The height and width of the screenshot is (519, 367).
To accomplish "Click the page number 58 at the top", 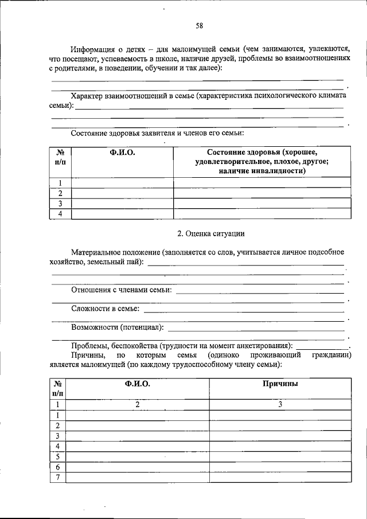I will click(x=198, y=25).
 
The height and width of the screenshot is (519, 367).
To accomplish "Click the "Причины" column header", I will click(x=279, y=384).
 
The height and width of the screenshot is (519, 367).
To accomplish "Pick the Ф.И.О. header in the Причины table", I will click(x=137, y=384).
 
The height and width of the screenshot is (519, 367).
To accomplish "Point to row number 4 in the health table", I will click(x=60, y=214).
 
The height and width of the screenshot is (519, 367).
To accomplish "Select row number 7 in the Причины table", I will click(x=58, y=478).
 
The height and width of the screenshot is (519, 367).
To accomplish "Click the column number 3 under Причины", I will click(x=280, y=405).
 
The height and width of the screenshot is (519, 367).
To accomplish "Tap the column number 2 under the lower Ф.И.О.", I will click(x=138, y=405).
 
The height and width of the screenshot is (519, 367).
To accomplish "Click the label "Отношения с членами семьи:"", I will click(x=122, y=291).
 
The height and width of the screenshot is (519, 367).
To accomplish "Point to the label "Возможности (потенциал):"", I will click(x=118, y=327).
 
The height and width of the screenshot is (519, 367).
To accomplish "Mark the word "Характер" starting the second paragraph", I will click(x=88, y=96).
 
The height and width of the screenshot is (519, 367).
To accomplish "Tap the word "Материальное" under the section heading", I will click(x=98, y=252).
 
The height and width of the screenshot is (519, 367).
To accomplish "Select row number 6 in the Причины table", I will click(x=58, y=467).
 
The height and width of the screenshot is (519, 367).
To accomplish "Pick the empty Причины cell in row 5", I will click(x=280, y=456).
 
